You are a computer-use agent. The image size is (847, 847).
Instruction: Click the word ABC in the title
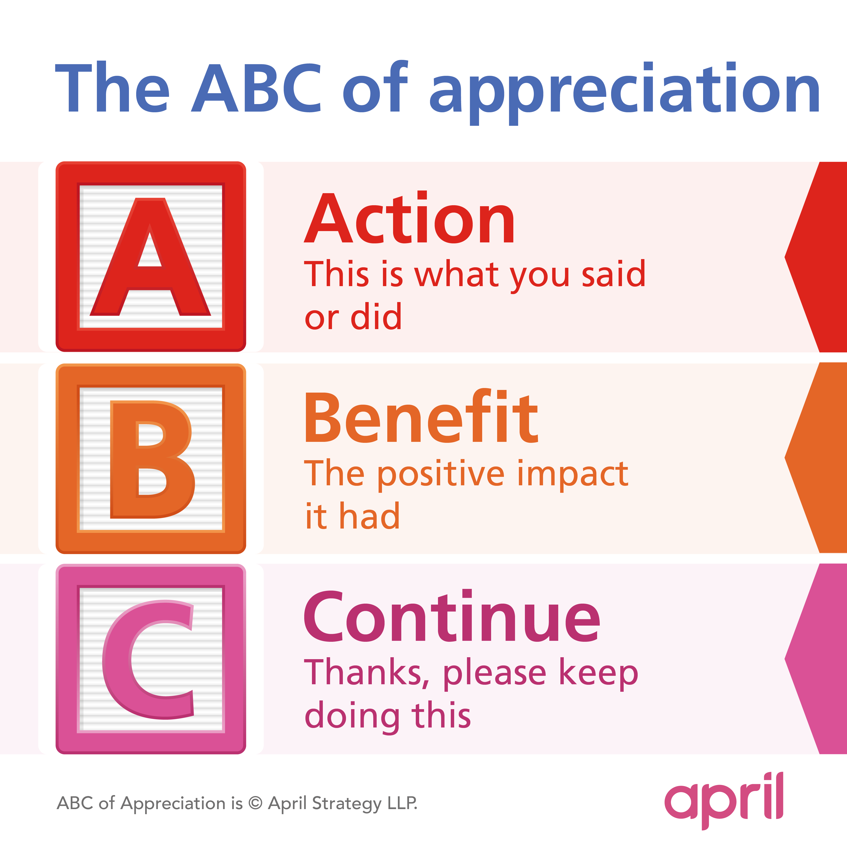[x=256, y=88]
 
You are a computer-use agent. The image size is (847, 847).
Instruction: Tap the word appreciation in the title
[x=624, y=93]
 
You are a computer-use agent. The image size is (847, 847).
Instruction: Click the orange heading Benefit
[x=421, y=416]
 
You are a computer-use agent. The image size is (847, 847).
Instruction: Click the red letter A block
[x=151, y=256]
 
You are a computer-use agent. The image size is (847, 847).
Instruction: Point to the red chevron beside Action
[x=815, y=257]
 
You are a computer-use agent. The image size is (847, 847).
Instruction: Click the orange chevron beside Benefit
[x=815, y=458]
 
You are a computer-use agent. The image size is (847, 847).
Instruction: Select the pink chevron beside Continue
[x=815, y=659]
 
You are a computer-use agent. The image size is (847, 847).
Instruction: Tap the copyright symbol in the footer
[x=255, y=803]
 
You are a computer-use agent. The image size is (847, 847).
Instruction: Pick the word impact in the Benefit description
[x=573, y=474]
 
